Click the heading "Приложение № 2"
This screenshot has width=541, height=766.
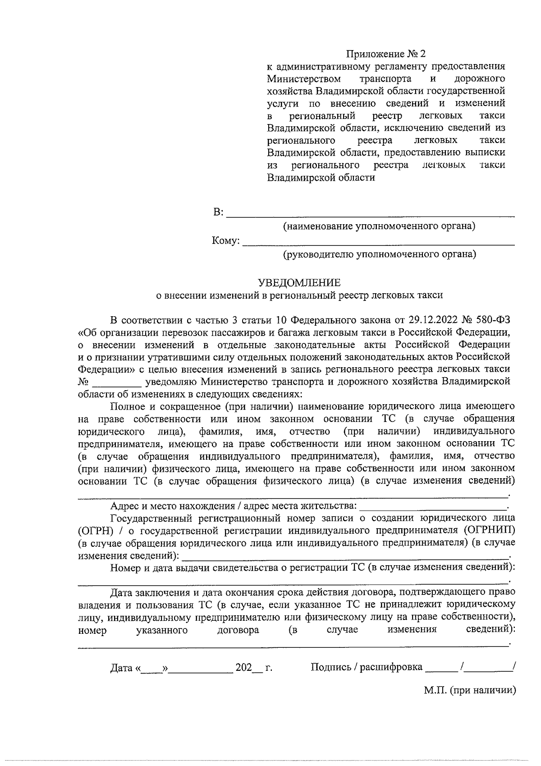pyautogui.click(x=385, y=55)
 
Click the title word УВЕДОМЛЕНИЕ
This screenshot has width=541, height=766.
pyautogui.click(x=299, y=283)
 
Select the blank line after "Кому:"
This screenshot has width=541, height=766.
pyautogui.click(x=379, y=242)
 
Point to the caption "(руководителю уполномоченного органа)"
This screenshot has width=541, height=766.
pyautogui.click(x=379, y=254)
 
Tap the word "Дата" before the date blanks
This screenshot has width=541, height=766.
pyautogui.click(x=121, y=668)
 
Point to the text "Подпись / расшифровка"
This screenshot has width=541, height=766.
pyautogui.click(x=367, y=667)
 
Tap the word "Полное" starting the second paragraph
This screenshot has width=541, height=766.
pyautogui.click(x=126, y=406)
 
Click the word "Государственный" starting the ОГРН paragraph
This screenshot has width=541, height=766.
pyautogui.click(x=147, y=517)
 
